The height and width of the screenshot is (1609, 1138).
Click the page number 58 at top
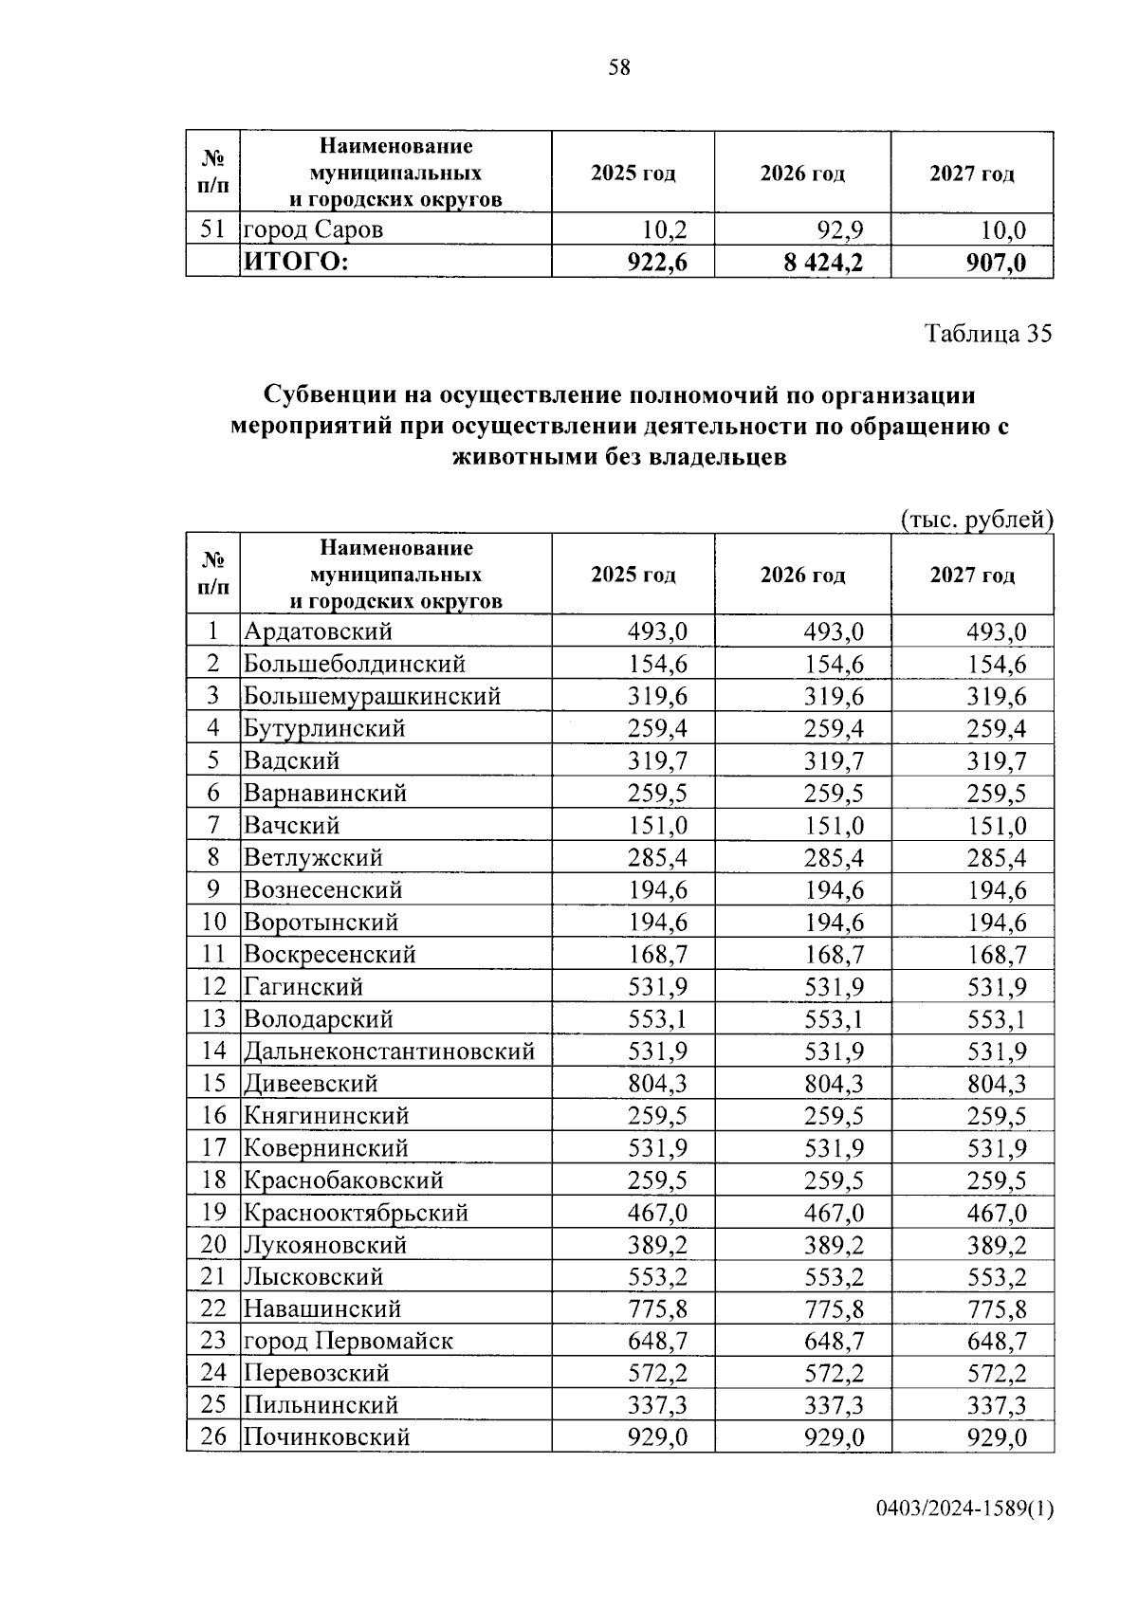[x=618, y=67]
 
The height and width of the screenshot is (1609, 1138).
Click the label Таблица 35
[x=988, y=334]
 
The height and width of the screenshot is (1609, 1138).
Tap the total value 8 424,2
[x=823, y=263]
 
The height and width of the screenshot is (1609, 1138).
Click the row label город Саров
[x=314, y=229]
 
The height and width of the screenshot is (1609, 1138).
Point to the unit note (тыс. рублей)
[x=976, y=520]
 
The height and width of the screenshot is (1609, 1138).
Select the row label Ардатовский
[x=318, y=631]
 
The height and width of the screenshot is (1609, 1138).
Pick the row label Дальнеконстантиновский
[x=389, y=1051]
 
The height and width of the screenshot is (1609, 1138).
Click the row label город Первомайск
[x=348, y=1341]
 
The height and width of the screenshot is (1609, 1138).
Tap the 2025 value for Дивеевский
[x=657, y=1083]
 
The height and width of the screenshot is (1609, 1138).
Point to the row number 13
[x=213, y=1018]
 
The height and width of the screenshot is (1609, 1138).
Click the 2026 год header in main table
[x=802, y=576]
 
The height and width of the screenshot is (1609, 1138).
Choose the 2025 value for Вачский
[x=657, y=825]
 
